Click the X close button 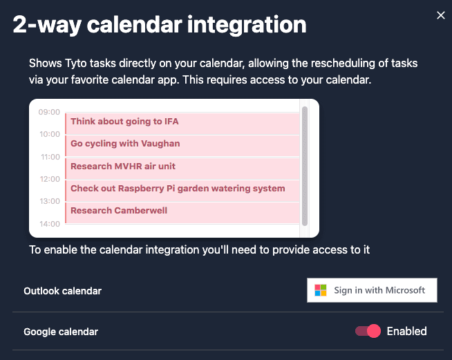(441, 15)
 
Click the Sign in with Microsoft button (372, 290)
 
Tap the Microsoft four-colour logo (321, 290)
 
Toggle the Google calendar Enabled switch (368, 331)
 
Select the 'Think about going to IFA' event (182, 124)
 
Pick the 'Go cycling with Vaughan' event (182, 146)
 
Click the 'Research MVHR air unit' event (182, 169)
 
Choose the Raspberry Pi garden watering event (182, 191)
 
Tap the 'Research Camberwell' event (182, 213)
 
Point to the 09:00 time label (49, 112)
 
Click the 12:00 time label (50, 179)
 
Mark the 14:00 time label (50, 224)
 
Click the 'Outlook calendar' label (63, 291)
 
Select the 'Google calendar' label (61, 332)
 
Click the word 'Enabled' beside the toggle (407, 331)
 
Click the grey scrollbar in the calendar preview (305, 166)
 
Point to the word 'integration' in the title (247, 25)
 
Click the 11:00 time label (50, 157)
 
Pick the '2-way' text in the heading (47, 25)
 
